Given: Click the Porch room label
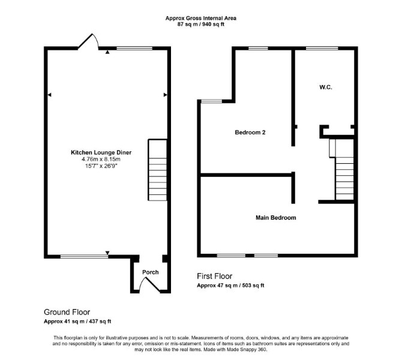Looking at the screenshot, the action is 151,272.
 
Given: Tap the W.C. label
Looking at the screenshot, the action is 326,87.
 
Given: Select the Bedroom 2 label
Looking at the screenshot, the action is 250,133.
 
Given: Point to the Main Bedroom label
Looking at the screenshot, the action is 276,218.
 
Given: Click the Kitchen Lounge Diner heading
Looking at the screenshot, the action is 101,152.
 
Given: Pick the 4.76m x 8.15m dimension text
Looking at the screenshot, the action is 101,159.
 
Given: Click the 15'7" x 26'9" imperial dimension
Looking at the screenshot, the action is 101,166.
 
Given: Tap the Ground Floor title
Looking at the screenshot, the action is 67,312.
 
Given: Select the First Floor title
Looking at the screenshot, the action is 215,276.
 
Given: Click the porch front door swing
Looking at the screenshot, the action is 150,286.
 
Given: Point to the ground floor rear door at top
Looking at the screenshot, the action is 88,41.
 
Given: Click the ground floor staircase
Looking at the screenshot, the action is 158,170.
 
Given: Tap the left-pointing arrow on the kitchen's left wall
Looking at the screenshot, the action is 49,95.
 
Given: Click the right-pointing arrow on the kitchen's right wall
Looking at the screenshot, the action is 166,95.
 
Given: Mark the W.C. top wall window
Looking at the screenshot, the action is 322,48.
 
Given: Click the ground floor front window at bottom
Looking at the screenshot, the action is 85,256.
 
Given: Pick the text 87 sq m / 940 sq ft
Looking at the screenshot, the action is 201,25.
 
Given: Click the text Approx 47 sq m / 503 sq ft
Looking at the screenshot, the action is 230,286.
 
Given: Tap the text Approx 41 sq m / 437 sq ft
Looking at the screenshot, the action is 77,321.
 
